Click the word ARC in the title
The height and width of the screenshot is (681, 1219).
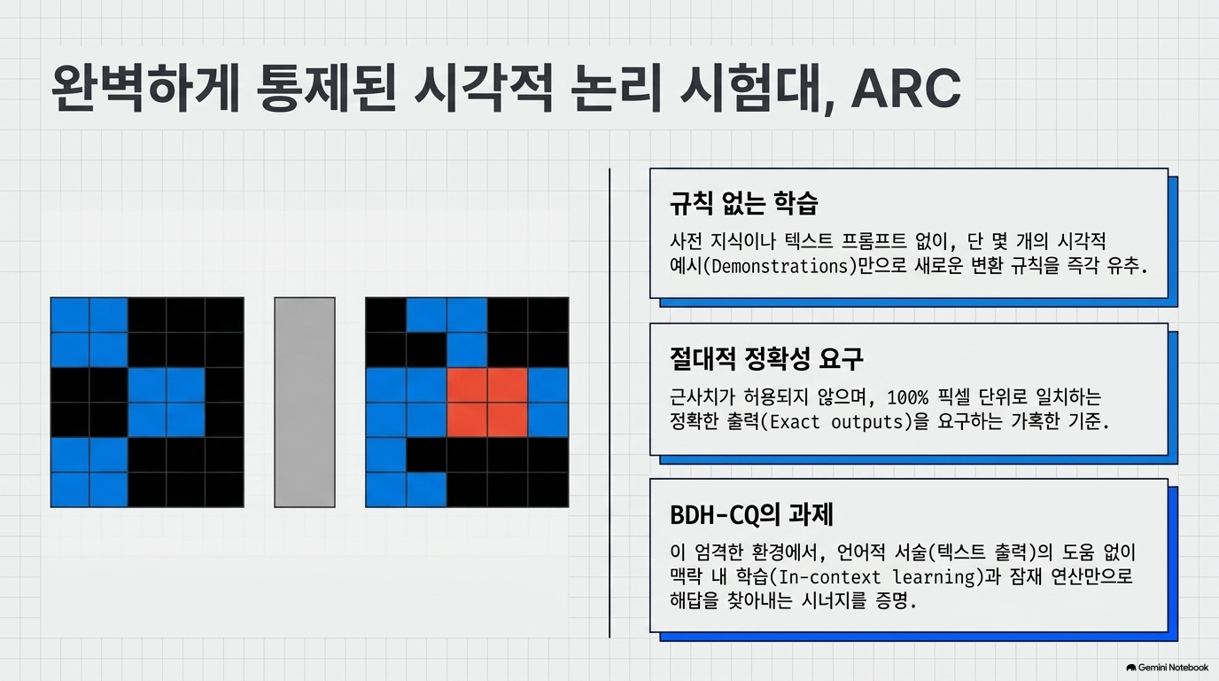tap(905, 89)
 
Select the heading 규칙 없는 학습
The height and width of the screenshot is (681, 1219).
tap(744, 203)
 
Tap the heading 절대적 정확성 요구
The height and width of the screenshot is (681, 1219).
tap(766, 358)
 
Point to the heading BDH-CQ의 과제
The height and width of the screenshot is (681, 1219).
tap(751, 514)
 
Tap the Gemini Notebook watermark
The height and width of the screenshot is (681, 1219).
tap(1168, 668)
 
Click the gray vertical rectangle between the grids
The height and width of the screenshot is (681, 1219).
tap(305, 402)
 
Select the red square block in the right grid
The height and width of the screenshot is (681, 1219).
tap(487, 402)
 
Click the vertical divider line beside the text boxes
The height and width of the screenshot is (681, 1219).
tap(609, 403)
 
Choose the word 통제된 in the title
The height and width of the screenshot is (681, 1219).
tap(326, 89)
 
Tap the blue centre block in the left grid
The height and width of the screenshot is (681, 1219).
tap(167, 402)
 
